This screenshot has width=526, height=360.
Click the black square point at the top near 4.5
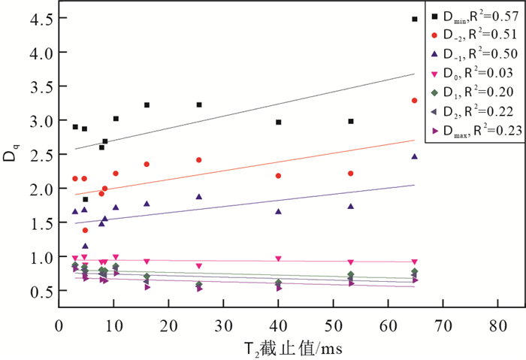(415, 20)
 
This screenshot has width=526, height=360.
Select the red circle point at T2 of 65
(415, 101)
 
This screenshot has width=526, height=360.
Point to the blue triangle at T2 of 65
(415, 156)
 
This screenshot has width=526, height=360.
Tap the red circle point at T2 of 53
(351, 174)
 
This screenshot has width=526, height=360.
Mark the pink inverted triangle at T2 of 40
(278, 259)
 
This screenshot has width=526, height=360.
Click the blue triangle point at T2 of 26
(199, 197)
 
